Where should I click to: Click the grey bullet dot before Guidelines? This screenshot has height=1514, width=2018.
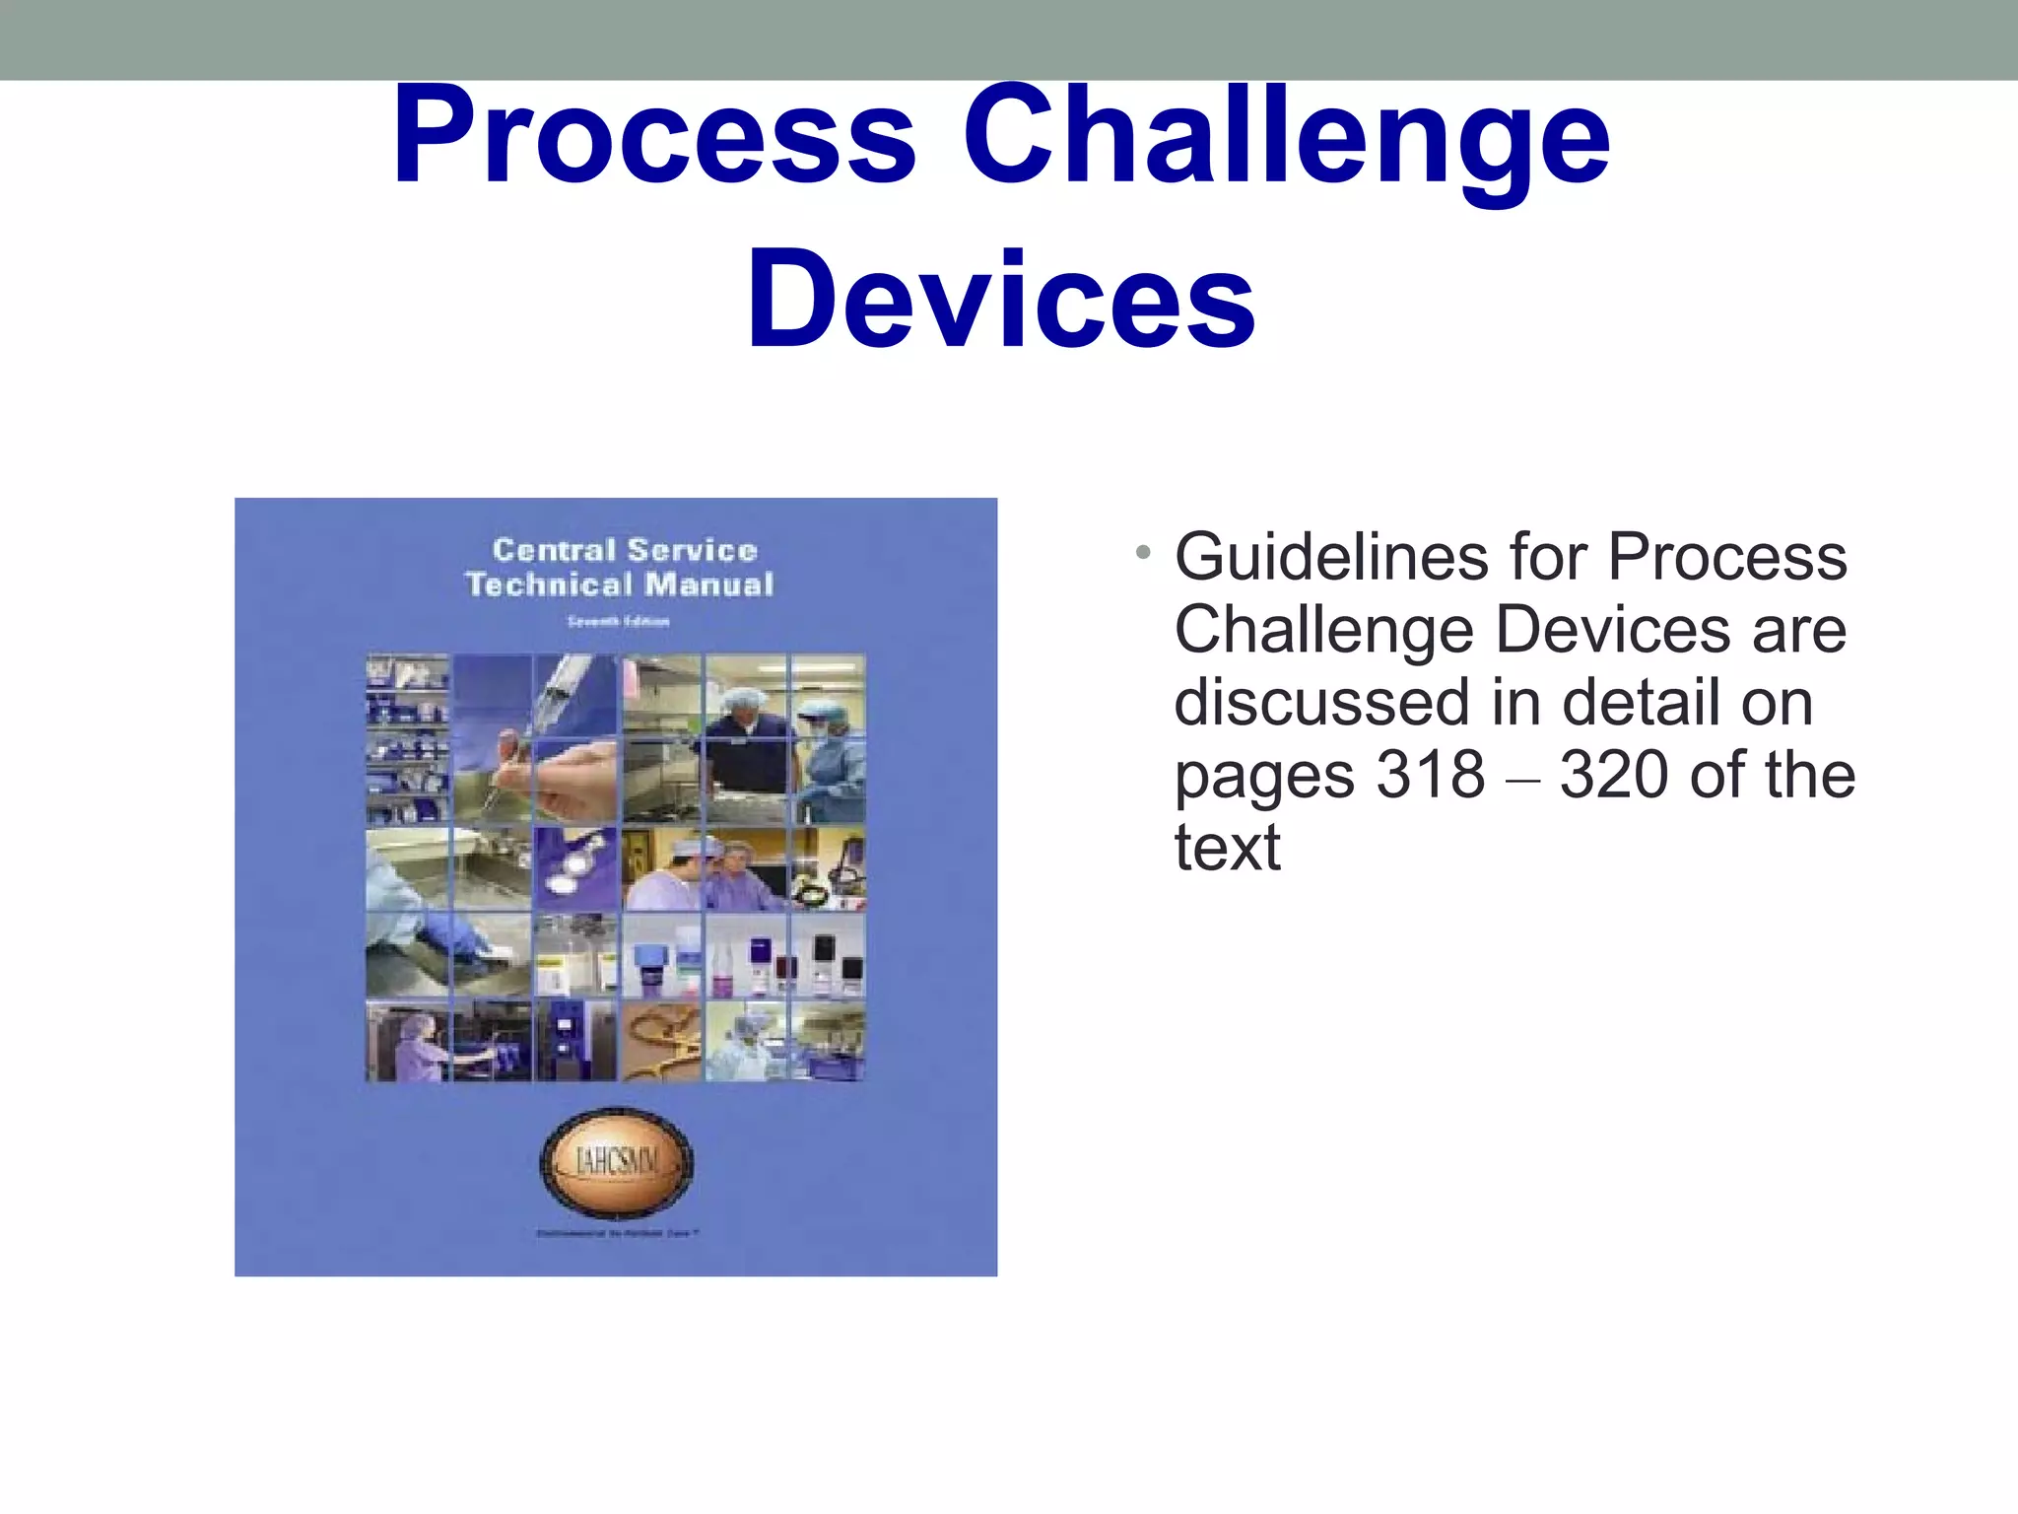tap(1142, 552)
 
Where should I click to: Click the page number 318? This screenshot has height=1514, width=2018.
tap(1430, 775)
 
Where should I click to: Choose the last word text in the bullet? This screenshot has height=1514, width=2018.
tap(1227, 848)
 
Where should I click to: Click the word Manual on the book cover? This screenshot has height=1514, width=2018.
tap(709, 585)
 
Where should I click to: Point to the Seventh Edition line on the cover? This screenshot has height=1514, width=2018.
tap(618, 621)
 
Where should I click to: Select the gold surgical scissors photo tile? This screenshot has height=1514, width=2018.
tap(663, 1042)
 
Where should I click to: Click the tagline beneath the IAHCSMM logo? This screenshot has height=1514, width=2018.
tap(618, 1233)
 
